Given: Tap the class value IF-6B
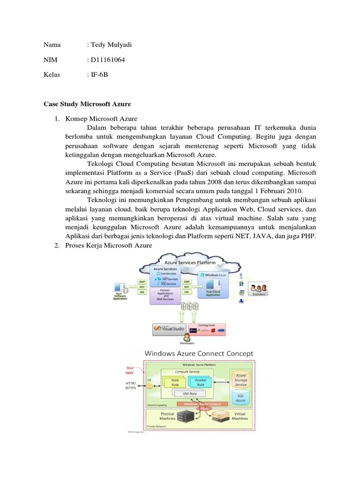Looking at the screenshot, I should tap(98, 75).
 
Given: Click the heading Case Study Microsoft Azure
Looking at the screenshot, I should tap(87, 104).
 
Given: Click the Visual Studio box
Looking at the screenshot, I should tap(169, 329).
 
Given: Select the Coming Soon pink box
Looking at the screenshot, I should tap(207, 329).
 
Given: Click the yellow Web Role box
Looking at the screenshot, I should tap(175, 382).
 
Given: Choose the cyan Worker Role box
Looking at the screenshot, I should tap(200, 382).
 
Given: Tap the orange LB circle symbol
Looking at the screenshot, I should tap(150, 386).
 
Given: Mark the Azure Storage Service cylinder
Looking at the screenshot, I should tap(240, 379).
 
